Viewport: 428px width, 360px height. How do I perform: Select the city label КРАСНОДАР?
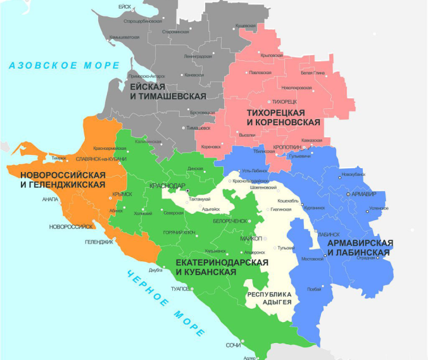coord(167,186)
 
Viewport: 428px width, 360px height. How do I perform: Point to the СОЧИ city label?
coord(232,345)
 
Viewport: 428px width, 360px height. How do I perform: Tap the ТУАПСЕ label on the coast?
coord(180,289)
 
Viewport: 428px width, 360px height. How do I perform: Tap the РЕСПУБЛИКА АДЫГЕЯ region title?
coord(268,299)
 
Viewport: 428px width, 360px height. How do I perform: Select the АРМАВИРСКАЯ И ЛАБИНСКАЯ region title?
coord(360,247)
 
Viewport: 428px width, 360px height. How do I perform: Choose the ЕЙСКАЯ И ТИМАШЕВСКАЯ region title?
coord(168,90)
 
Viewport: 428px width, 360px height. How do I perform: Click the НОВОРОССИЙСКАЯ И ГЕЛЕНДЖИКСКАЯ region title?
coord(62,179)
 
